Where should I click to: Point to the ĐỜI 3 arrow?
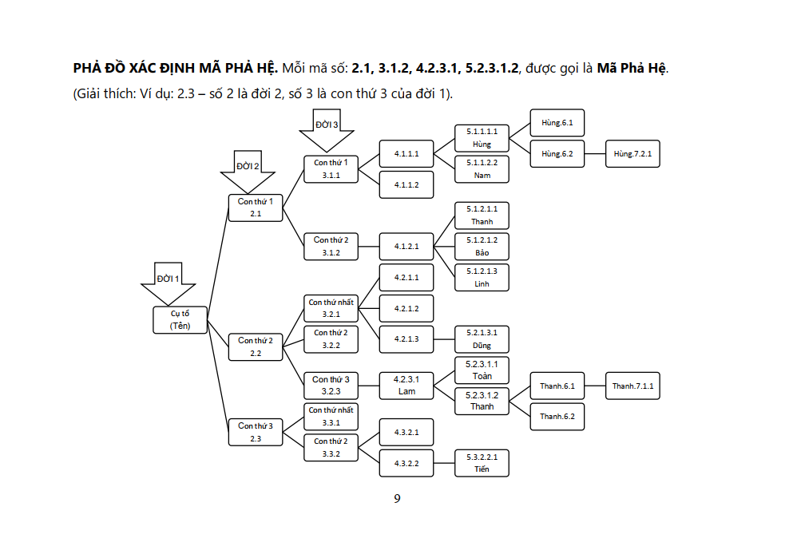(325, 130)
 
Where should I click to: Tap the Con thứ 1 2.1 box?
(256, 208)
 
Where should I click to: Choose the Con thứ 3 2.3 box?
(256, 432)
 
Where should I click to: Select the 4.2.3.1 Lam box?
(406, 385)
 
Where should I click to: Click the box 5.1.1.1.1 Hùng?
(482, 137)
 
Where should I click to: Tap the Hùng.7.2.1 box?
(632, 153)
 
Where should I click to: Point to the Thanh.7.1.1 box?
(632, 386)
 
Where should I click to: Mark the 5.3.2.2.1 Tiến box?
(482, 462)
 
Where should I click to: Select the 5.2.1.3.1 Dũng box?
(482, 338)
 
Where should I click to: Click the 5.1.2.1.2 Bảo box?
(482, 246)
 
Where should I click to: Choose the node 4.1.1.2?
(406, 184)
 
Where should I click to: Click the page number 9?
(397, 499)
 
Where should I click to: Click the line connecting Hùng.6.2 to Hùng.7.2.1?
(595, 153)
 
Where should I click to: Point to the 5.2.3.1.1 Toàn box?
(482, 370)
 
